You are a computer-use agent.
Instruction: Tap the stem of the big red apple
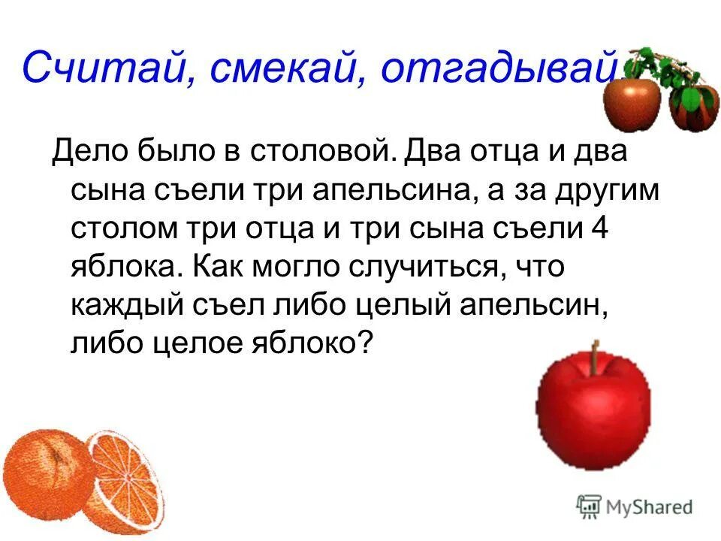click(x=594, y=355)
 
